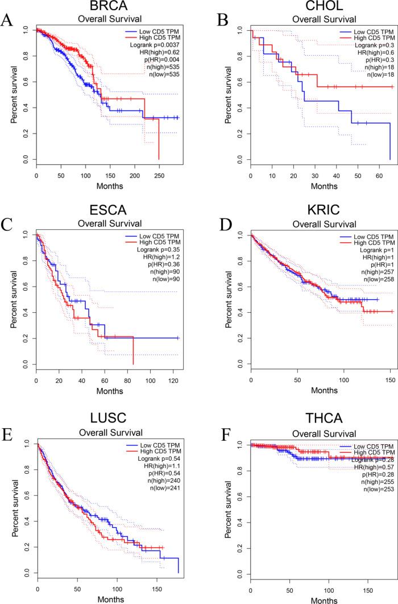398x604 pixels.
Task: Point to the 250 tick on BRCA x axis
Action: click(x=142, y=176)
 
